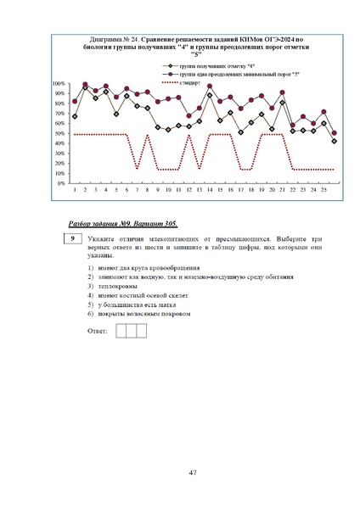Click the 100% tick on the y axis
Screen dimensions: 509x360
pos(59,84)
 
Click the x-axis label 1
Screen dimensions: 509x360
pos(75,189)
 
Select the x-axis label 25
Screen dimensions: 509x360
pos(323,189)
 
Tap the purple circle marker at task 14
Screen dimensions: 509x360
pos(210,87)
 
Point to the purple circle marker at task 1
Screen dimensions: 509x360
pos(75,101)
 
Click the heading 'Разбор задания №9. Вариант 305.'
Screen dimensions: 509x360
pos(122,222)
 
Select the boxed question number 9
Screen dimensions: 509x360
pos(74,240)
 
